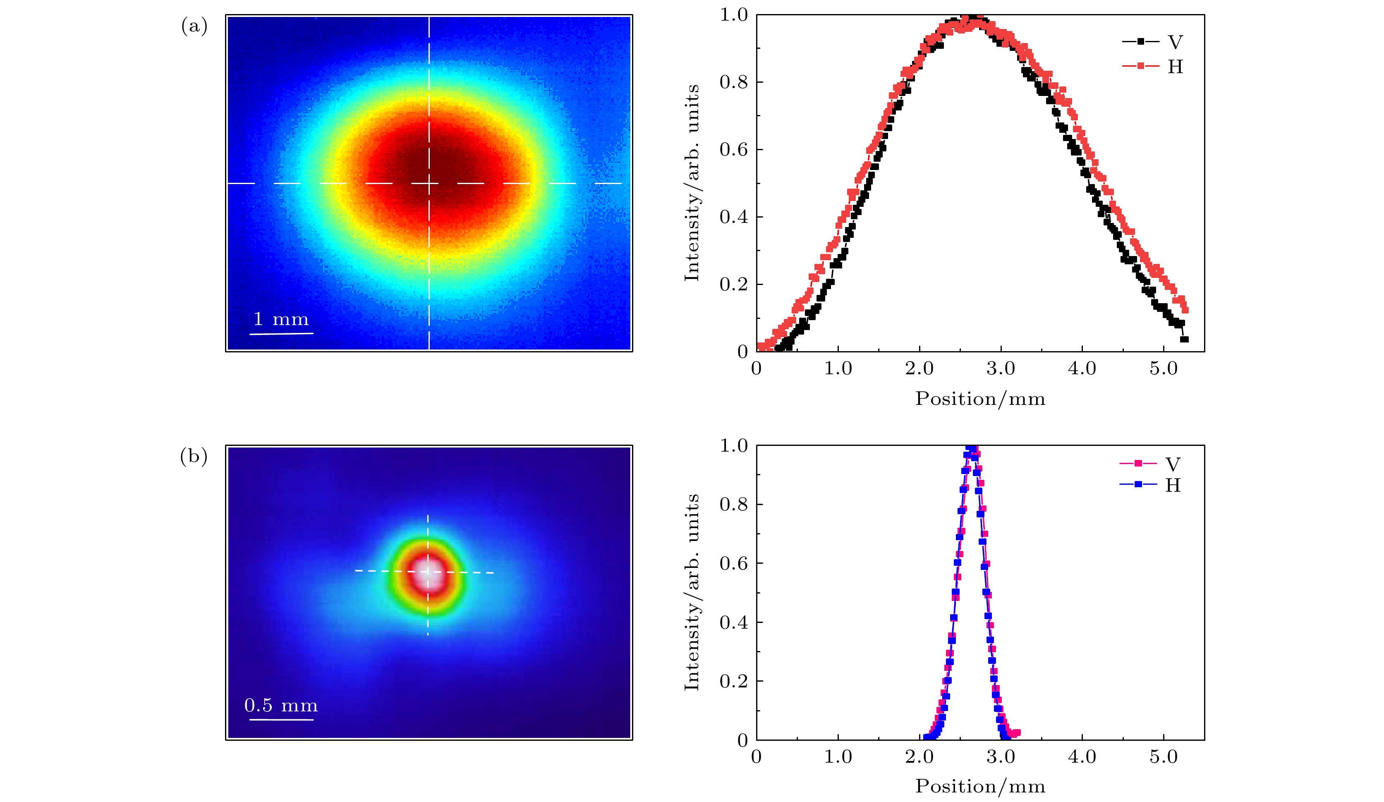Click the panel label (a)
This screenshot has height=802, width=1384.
(194, 26)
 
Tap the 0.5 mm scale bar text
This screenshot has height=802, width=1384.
(280, 705)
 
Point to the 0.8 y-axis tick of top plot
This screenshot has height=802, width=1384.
(734, 82)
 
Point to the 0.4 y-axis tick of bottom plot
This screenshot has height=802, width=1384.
(734, 622)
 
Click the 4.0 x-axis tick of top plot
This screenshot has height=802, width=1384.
(1082, 369)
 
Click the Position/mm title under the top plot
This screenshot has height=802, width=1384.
(980, 399)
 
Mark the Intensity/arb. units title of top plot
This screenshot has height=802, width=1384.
(692, 183)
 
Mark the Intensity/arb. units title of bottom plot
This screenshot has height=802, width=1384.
(692, 592)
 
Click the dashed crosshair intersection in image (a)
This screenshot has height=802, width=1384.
(429, 183)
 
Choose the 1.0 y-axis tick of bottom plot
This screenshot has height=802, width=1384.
(734, 445)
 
